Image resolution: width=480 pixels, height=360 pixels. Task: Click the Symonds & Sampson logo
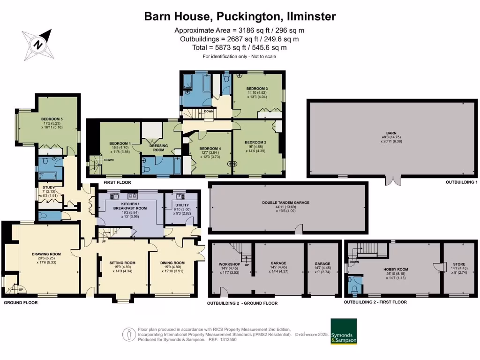coord(344,332)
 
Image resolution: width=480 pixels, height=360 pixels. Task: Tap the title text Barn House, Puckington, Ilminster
coord(240,16)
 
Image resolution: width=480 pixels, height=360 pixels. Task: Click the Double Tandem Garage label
coord(286,203)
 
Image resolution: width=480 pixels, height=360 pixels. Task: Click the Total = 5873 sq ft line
coord(240,47)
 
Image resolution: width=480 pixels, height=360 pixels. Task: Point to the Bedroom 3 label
coord(257,89)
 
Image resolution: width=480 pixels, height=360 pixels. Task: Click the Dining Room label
coord(172,263)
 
